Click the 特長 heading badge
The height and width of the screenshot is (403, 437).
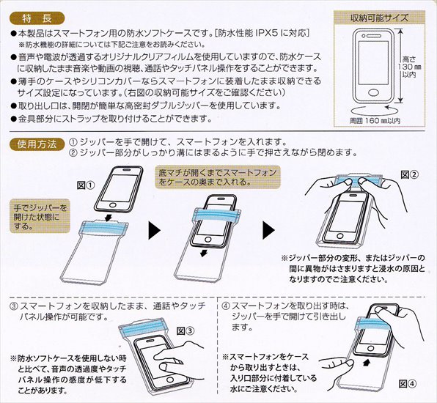[35, 15]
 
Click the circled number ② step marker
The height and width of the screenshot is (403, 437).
[73, 153]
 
